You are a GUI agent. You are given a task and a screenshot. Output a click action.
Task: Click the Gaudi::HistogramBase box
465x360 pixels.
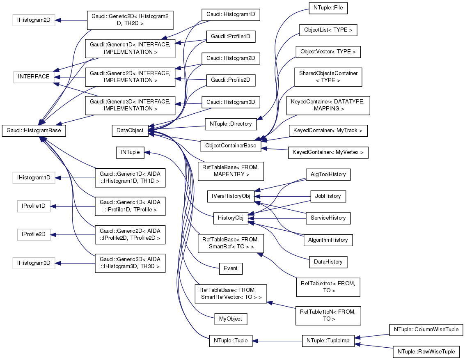(x=34, y=130)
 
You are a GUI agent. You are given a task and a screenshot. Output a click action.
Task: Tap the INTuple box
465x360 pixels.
(x=130, y=152)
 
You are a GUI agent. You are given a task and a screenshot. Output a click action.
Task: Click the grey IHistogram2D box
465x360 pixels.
(x=33, y=20)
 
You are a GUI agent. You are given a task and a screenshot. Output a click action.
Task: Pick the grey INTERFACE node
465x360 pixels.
(x=34, y=77)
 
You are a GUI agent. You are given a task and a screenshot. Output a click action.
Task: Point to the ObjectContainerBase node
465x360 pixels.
(x=231, y=145)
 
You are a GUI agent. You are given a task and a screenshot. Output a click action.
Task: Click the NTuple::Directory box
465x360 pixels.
(x=231, y=123)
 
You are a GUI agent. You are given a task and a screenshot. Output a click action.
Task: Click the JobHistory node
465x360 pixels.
(x=328, y=196)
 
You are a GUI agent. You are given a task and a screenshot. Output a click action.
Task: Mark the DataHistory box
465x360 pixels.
(x=328, y=261)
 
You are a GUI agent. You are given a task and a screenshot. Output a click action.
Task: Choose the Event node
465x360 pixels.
(x=231, y=269)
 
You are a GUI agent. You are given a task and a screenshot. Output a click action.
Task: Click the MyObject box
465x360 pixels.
(x=230, y=319)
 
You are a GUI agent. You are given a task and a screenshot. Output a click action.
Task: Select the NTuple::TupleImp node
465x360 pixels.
(x=328, y=341)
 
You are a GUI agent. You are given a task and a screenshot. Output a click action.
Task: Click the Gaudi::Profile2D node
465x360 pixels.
(x=231, y=80)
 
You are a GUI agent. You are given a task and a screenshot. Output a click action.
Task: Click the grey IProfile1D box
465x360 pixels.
(x=34, y=206)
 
